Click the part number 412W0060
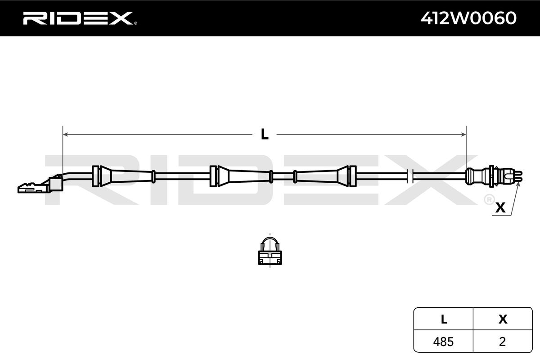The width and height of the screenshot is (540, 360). [x=468, y=18]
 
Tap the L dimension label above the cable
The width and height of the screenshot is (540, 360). [x=265, y=134]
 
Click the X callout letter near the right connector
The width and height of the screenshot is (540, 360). [x=500, y=208]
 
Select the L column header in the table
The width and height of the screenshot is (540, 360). [x=444, y=319]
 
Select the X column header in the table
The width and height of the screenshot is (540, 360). [x=503, y=319]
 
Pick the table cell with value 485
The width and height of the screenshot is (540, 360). [x=444, y=342]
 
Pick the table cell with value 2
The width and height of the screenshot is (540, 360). [x=503, y=342]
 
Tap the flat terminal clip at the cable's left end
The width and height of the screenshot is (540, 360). [x=31, y=186]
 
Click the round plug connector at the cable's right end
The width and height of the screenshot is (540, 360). [x=488, y=175]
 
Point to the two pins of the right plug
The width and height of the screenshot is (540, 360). [x=518, y=176]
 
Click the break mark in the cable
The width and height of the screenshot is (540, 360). [x=409, y=175]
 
